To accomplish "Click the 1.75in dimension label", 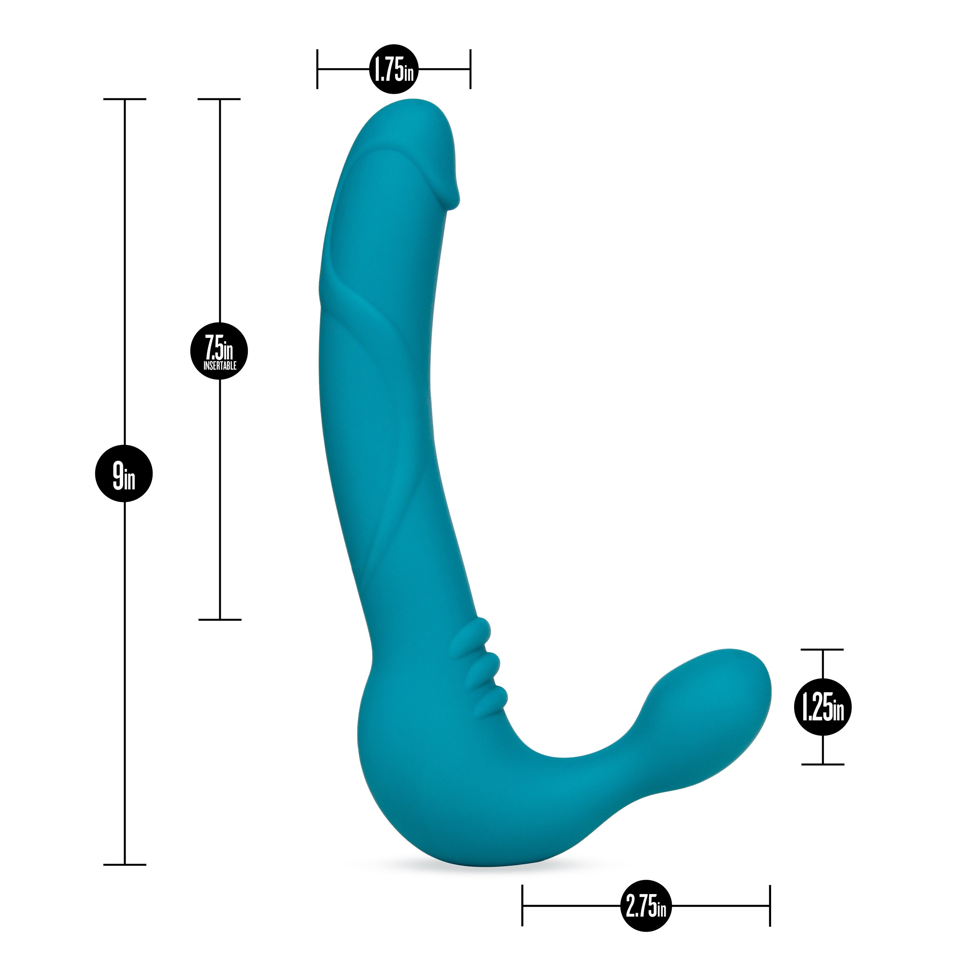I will pos(394,69).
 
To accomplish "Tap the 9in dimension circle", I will pos(124,474).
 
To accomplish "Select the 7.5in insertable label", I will pos(219,351).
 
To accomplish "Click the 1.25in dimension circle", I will pos(823,707).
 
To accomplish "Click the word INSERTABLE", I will pos(220,366).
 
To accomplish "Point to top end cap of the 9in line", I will pos(125,100).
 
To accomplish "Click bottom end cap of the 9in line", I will pos(125,865).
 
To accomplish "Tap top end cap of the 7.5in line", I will pos(219,100).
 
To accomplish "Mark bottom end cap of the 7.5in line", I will pos(220,619).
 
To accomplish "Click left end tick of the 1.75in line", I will pos(318,69).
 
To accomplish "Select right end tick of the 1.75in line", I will pos(470,69).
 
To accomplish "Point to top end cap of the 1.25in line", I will pos(822,649).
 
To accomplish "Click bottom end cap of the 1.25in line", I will pos(822,764).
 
